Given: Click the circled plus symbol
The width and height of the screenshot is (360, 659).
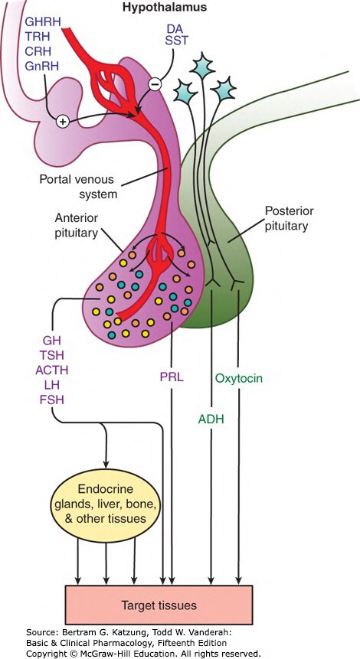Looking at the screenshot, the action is pos(62,122).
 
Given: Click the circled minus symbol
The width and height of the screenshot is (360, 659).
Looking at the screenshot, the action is pos(155,84).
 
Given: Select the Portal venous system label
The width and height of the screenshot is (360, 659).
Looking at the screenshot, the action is pos(77,187).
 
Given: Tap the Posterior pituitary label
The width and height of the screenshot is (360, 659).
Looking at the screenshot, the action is pos(286,217).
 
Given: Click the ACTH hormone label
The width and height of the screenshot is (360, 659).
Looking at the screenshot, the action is pos(51,370).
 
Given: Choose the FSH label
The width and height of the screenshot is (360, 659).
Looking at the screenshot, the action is pos(52,400).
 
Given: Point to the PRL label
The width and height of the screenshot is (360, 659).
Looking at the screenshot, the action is pos(172,377).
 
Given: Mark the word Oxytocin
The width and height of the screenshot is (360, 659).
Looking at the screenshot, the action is pos(238,378).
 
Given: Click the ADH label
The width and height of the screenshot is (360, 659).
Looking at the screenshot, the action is pos(211,419).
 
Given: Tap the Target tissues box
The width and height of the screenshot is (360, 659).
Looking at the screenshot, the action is pos(159,605).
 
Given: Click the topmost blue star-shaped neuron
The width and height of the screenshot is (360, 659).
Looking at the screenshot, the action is pos(202,66).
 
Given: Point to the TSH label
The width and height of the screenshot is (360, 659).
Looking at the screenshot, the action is pos(52,356).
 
